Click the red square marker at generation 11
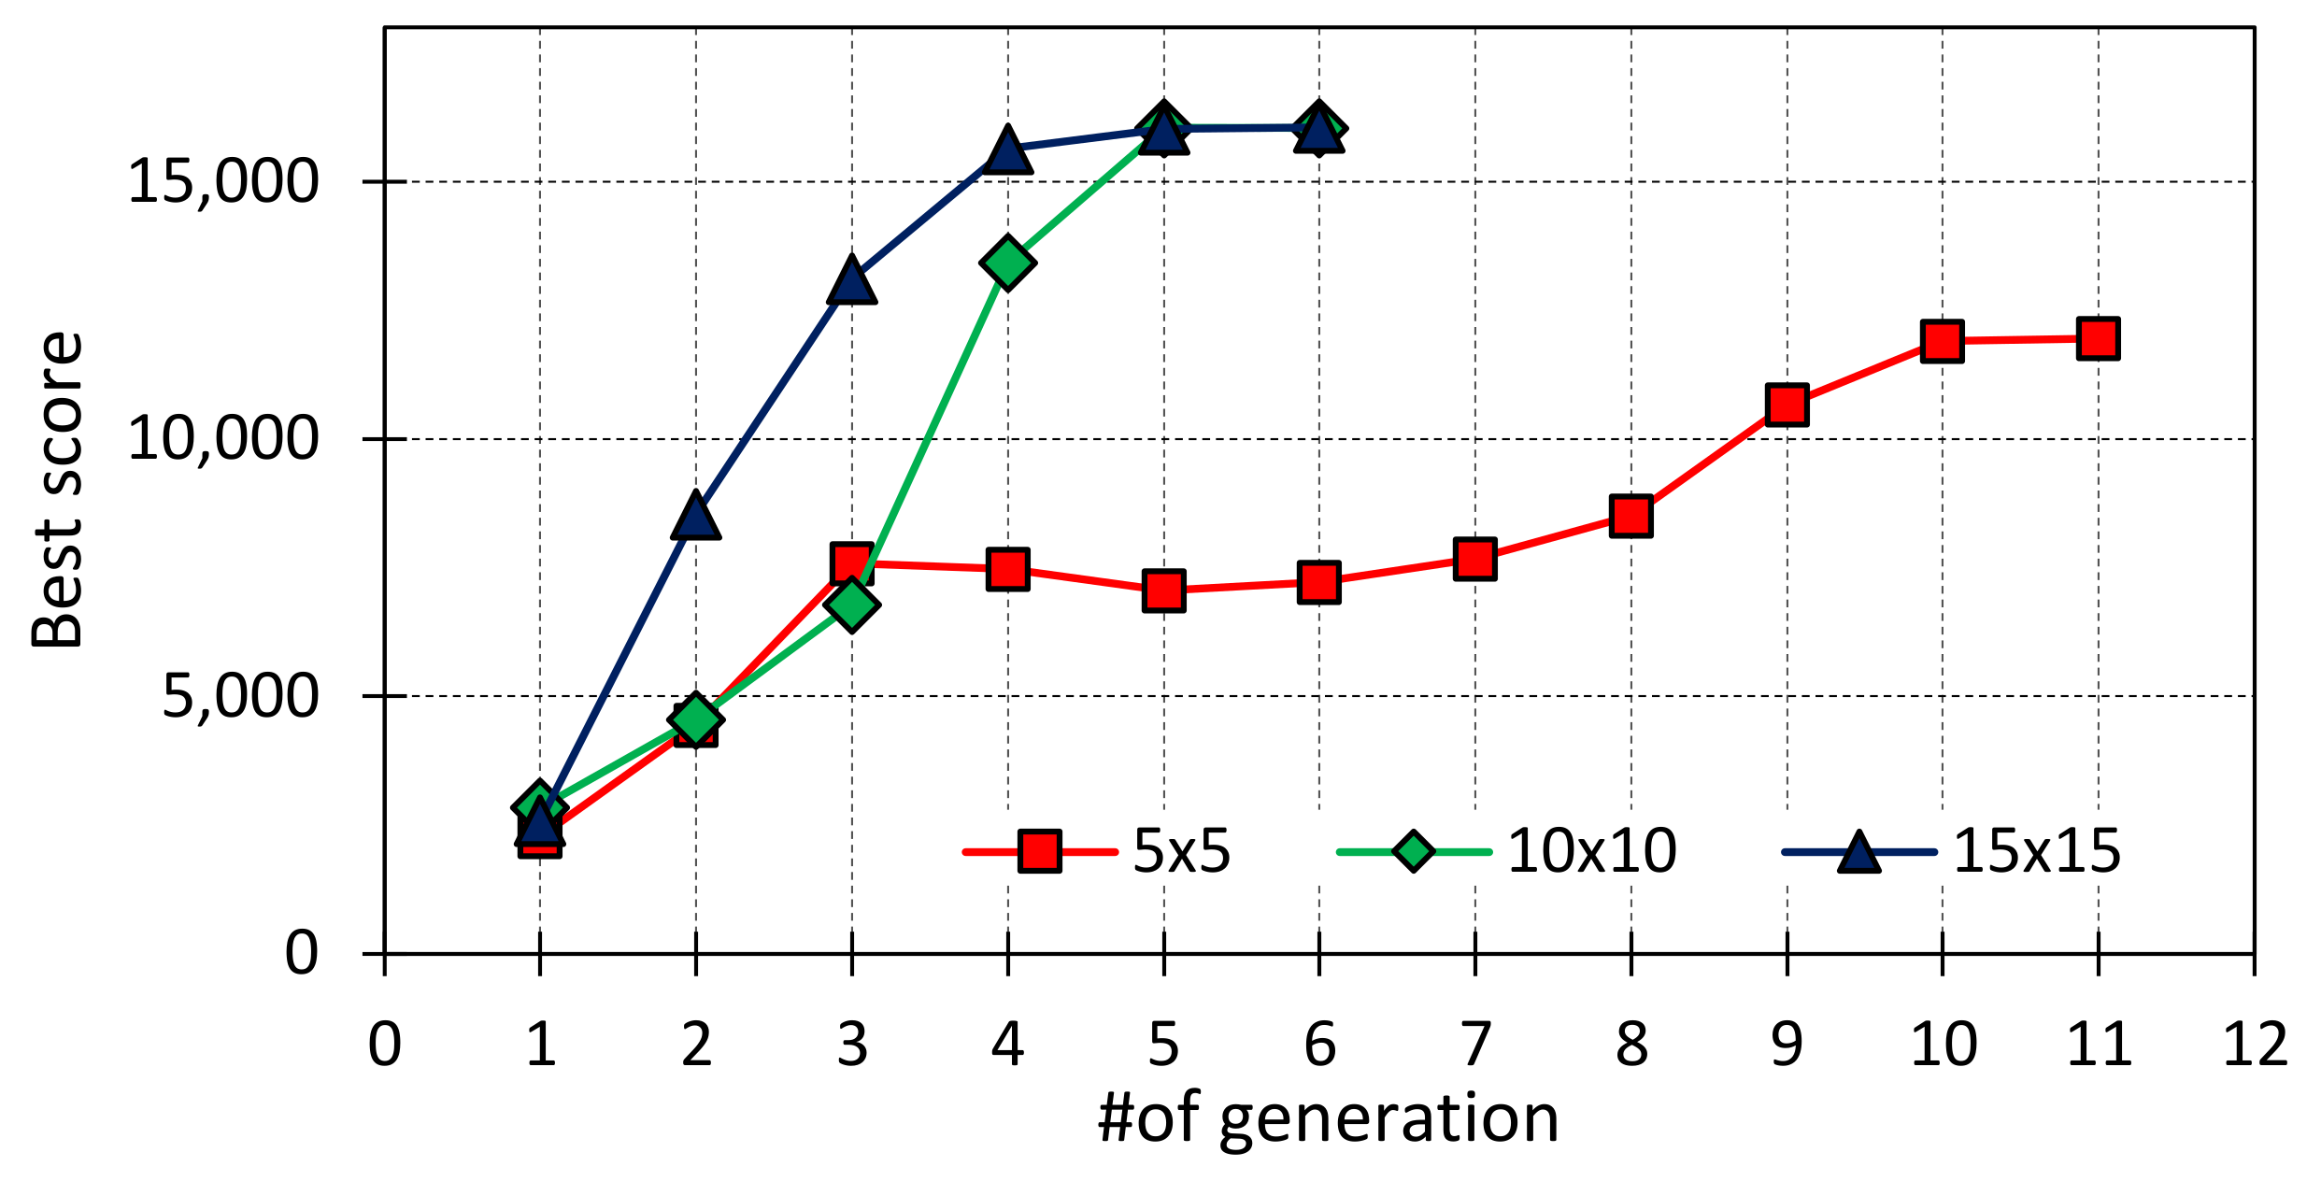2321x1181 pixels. pyautogui.click(x=2098, y=338)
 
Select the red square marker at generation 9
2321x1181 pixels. pyautogui.click(x=1787, y=405)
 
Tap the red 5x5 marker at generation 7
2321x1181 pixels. pyautogui.click(x=1474, y=559)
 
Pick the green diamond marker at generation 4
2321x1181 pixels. pyautogui.click(x=1007, y=263)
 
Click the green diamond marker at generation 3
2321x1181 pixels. pyautogui.click(x=851, y=605)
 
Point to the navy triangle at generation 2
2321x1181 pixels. pyautogui.click(x=695, y=517)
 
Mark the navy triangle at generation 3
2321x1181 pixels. pyautogui.click(x=851, y=280)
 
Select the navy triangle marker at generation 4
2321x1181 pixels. pyautogui.click(x=1007, y=151)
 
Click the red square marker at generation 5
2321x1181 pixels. pyautogui.click(x=1163, y=590)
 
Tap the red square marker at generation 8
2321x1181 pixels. pyautogui.click(x=1630, y=516)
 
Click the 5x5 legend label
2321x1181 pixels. pyautogui.click(x=1181, y=851)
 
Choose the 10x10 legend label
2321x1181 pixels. pyautogui.click(x=1591, y=851)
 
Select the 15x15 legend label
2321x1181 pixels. pyautogui.click(x=2037, y=851)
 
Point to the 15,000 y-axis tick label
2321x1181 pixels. pyautogui.click(x=222, y=180)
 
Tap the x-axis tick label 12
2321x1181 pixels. pyautogui.click(x=2255, y=1044)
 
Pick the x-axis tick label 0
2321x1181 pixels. pyautogui.click(x=384, y=1044)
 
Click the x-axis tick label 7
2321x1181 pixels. pyautogui.click(x=1474, y=1044)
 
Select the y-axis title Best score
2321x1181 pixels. pyautogui.click(x=58, y=490)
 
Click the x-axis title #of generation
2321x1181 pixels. pyautogui.click(x=1328, y=1119)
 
